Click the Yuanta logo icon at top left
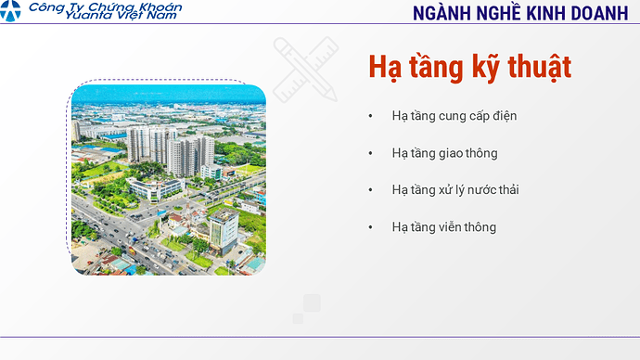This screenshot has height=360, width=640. [x=11, y=13]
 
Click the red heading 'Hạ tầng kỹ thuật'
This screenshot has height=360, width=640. [x=469, y=67]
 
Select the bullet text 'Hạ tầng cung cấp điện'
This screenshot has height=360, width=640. [x=454, y=116]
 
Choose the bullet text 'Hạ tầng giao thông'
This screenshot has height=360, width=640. [x=444, y=153]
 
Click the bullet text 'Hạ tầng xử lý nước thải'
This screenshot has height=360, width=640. [x=455, y=190]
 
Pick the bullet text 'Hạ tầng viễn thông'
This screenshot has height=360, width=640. [x=443, y=227]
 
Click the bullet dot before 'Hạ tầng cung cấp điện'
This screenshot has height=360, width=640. [x=371, y=116]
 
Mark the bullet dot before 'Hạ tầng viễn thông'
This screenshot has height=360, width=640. [x=371, y=227]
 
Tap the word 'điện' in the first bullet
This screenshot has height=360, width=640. [x=503, y=116]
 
